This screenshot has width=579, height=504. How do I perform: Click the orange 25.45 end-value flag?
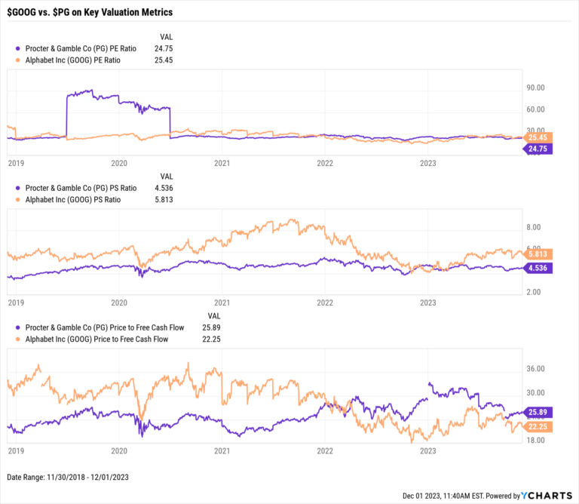click(538, 138)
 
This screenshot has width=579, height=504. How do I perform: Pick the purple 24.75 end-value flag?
click(538, 149)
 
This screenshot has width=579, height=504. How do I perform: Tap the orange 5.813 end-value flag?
click(538, 254)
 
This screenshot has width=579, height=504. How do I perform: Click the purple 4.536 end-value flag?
click(538, 268)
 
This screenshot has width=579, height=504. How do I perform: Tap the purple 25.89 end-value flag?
click(538, 413)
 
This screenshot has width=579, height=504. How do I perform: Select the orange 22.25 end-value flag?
click(538, 427)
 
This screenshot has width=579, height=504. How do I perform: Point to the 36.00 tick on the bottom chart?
click(536, 369)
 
